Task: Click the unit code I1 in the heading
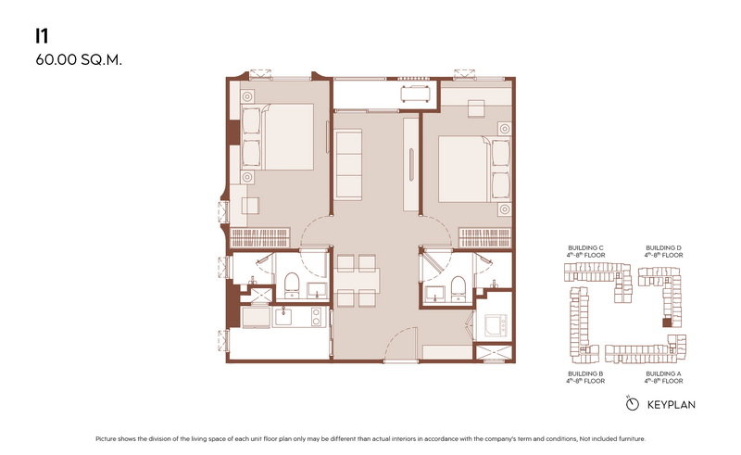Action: point(42,36)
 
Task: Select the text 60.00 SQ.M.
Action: point(79,60)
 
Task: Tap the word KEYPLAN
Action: point(671,405)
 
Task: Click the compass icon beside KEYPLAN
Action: point(632,403)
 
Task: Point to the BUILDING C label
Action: point(585,247)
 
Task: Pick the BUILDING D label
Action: point(663,247)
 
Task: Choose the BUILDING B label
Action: point(585,373)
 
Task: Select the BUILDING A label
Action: point(663,373)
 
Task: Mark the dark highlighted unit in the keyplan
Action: point(666,322)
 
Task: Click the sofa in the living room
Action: point(348,165)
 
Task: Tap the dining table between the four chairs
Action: point(357,280)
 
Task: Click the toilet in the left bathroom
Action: point(292,284)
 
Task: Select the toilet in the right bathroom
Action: point(458,288)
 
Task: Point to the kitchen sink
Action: point(283,316)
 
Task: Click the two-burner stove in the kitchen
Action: point(316,316)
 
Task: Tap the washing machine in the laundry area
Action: point(496,325)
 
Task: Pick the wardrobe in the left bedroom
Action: point(260,237)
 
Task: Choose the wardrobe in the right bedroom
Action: point(485,237)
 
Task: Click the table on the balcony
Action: point(415,94)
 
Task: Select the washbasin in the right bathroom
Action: point(434,293)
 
